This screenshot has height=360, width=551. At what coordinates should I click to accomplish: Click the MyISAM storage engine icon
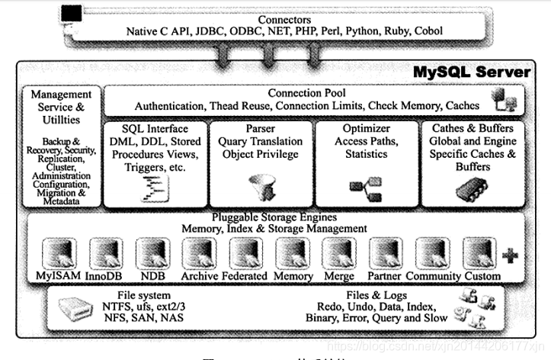tap(59, 252)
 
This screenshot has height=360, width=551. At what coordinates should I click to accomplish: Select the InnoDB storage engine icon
tap(105, 252)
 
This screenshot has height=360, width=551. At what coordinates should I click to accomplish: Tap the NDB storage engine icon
tap(152, 252)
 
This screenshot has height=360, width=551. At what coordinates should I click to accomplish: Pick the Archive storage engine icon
tap(199, 252)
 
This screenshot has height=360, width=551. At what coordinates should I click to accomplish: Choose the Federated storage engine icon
tap(245, 252)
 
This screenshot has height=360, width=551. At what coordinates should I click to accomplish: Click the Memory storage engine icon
tap(293, 252)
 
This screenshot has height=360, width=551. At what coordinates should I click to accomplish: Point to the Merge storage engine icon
tap(339, 252)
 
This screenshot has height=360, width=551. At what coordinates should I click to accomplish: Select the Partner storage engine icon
tap(386, 252)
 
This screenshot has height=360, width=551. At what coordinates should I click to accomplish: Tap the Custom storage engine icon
tap(479, 252)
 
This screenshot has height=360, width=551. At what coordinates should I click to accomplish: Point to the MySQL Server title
tap(472, 72)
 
